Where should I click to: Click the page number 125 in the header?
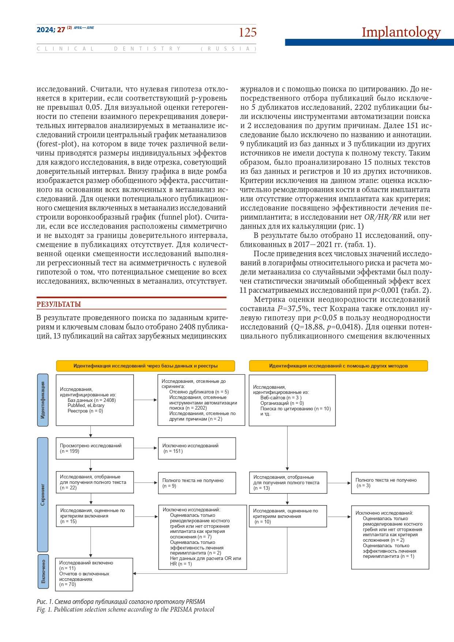[248, 33]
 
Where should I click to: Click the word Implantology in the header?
[401, 32]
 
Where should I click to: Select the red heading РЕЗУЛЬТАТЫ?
[59, 304]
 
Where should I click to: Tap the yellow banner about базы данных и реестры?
[145, 366]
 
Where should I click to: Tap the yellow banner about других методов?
[338, 366]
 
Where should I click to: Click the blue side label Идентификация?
[43, 400]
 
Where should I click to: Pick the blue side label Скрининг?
[43, 494]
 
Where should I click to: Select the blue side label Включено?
[43, 571]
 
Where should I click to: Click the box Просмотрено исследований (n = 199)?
[95, 448]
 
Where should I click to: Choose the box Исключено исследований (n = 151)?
[197, 448]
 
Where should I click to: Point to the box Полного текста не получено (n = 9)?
[197, 483]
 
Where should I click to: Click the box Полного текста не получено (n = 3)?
[390, 483]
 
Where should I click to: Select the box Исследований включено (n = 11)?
[94, 574]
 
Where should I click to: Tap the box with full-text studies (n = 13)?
[288, 483]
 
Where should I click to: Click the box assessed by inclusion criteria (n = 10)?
[288, 516]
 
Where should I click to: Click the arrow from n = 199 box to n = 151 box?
[146, 448]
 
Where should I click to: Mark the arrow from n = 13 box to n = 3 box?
[339, 483]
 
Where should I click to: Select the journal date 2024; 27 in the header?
[51, 30]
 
